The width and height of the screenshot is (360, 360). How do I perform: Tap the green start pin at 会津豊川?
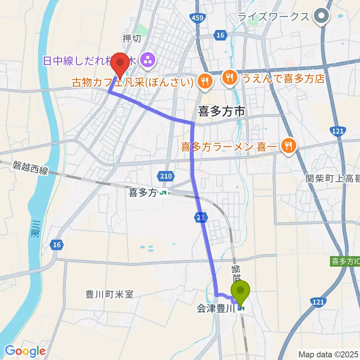(x=240, y=291)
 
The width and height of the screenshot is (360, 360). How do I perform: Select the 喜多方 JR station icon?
(x=163, y=193)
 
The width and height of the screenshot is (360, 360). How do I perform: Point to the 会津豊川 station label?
(x=216, y=309)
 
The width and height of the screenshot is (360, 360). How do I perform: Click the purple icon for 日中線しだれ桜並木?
(x=147, y=60)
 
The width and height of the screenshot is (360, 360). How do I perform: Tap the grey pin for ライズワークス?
(x=322, y=16)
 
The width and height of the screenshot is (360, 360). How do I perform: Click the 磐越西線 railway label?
(x=30, y=167)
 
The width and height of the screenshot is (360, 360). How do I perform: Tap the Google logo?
(x=25, y=351)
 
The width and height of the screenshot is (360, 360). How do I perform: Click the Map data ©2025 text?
(x=328, y=354)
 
